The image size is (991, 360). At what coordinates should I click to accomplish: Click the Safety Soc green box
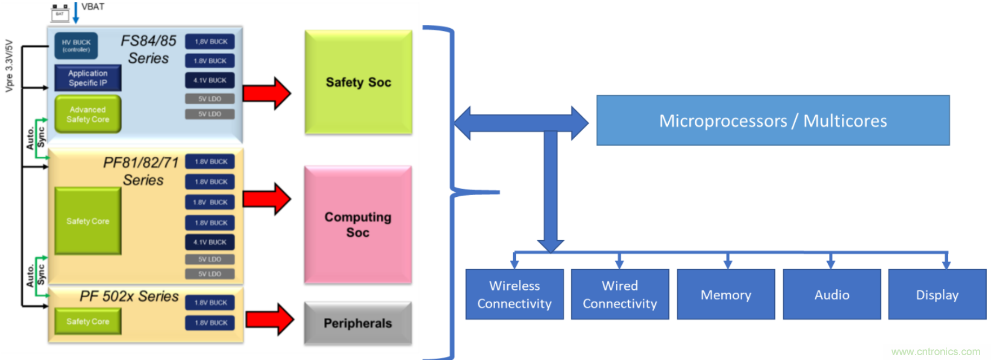[x=358, y=82]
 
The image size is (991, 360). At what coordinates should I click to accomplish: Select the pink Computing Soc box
[x=358, y=224]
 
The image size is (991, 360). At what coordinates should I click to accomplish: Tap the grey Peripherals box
[x=358, y=323]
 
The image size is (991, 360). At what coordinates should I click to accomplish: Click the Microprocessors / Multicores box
[x=773, y=121]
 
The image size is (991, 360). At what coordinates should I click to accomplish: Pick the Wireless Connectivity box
[x=514, y=295]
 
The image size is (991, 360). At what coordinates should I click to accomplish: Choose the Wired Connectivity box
[x=620, y=295]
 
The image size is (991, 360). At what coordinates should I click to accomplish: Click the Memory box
[x=726, y=295]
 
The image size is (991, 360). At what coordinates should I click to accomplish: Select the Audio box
[x=832, y=295]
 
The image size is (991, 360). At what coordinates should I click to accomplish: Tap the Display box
[x=937, y=295]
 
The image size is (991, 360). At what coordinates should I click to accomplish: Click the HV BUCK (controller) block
[x=76, y=45]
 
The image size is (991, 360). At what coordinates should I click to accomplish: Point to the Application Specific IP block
[x=88, y=78]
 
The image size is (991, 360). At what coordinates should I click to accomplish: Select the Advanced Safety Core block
[x=88, y=114]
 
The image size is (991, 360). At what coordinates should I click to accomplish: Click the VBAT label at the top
[x=93, y=6]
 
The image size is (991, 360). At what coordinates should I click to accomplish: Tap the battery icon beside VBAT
[x=59, y=13]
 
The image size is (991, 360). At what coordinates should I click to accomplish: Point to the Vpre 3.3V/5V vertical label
[x=9, y=65]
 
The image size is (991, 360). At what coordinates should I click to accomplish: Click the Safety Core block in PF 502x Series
[x=88, y=322]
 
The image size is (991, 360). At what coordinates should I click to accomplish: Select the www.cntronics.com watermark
[x=935, y=352]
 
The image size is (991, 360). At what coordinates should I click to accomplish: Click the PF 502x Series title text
[x=129, y=296]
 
